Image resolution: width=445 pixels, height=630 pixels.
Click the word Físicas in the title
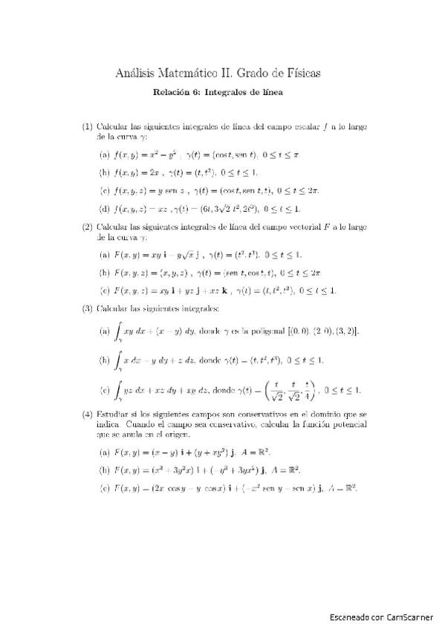(300, 72)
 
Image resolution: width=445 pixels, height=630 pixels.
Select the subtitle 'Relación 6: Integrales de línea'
(218, 93)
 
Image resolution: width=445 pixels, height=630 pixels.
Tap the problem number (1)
(87, 127)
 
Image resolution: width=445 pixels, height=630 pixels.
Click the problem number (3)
(87, 308)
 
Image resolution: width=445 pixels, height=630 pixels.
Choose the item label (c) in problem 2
(104, 290)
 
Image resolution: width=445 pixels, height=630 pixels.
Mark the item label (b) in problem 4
(104, 469)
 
